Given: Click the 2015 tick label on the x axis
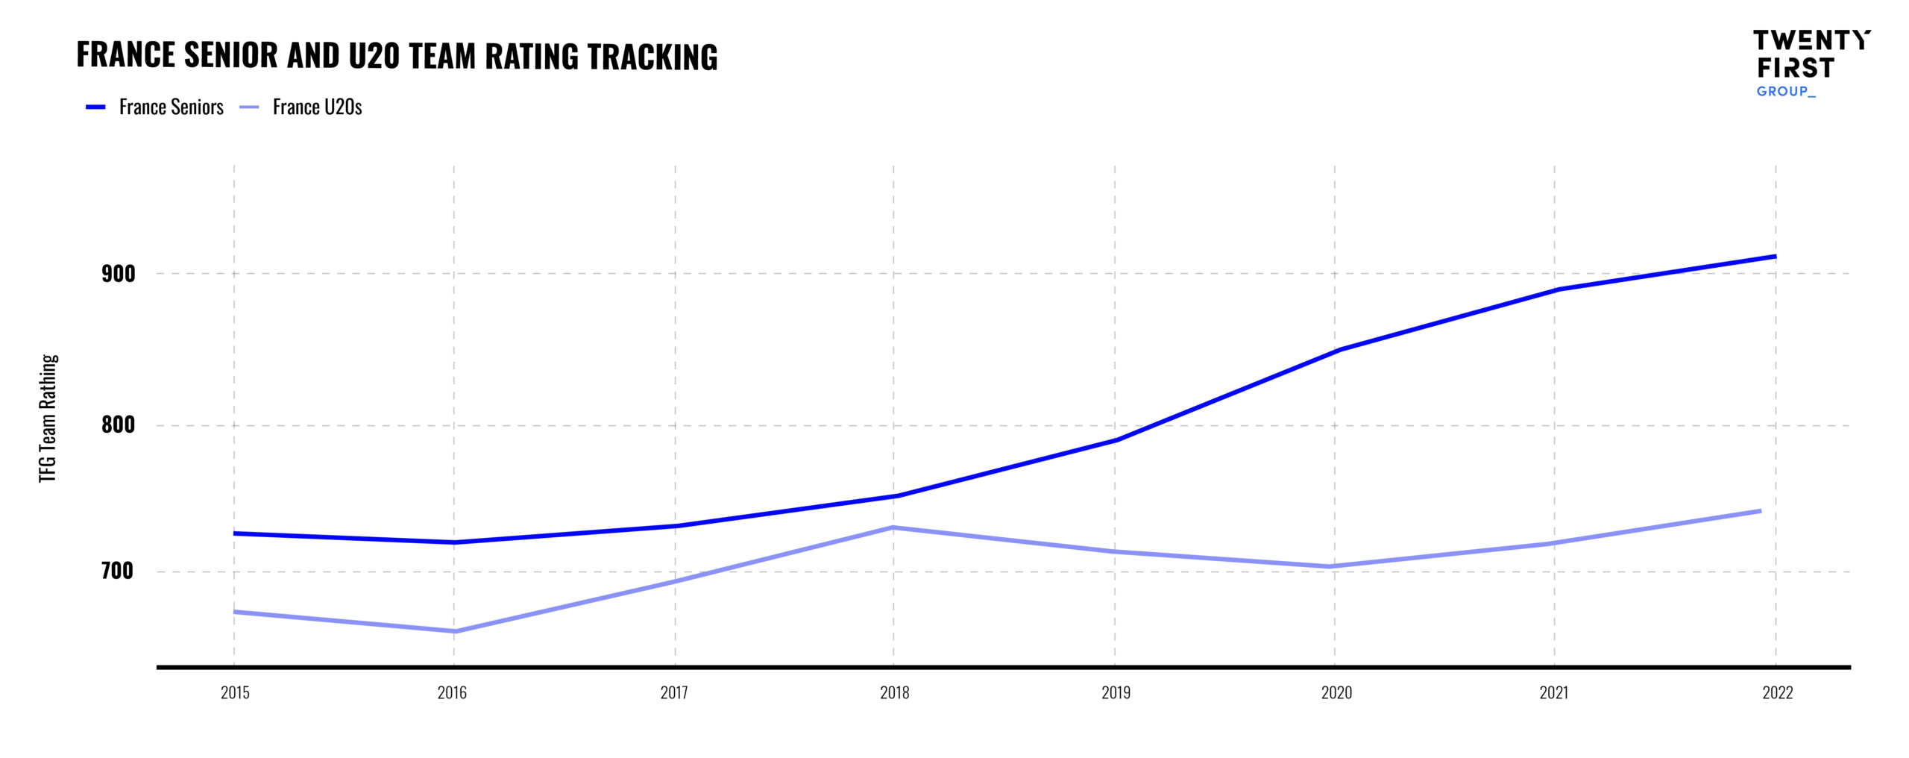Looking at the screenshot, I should point(235,692).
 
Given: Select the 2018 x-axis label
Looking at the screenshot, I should point(894,692).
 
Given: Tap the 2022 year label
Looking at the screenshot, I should point(1777,692).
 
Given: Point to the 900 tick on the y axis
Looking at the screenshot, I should point(118,274).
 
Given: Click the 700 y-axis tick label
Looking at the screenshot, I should point(117,571).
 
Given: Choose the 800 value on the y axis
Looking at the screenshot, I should point(118,425).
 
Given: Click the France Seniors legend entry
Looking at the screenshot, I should point(171,107).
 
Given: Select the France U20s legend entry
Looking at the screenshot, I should point(317,107).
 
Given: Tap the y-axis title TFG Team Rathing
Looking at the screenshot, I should point(48,418).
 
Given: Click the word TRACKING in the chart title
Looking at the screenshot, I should point(652,57).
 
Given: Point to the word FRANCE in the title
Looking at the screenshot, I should point(125,55).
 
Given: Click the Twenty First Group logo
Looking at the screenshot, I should point(1811,63).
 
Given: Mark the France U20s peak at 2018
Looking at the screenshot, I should point(893,527).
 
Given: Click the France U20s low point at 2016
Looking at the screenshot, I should point(454,631).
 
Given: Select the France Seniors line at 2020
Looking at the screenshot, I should point(1335,351).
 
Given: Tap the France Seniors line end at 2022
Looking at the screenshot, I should point(1775,257).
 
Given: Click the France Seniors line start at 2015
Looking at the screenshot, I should point(235,533).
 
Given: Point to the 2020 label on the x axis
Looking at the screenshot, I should point(1336,692).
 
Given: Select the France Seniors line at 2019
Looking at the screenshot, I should point(1115,440).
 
